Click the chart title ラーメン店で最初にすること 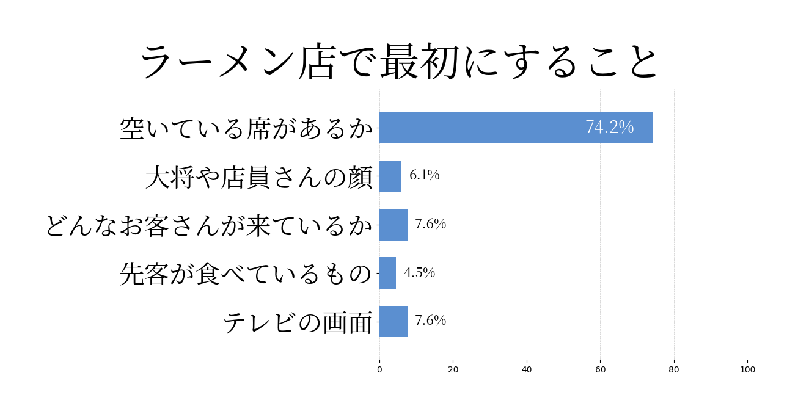(399, 61)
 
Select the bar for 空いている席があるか (516, 128)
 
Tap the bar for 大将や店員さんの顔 (390, 176)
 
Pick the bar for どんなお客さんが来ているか (394, 225)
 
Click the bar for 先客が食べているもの (387, 273)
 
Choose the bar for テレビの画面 (394, 321)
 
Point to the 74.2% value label (609, 128)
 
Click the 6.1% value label (424, 176)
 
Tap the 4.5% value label (419, 273)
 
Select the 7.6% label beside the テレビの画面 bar (430, 321)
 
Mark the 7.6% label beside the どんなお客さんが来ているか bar (430, 225)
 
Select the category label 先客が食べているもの (246, 274)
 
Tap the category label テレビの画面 (298, 322)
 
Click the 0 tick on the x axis (379, 369)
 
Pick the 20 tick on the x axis (453, 369)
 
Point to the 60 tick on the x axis (600, 369)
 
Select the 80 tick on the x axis (674, 369)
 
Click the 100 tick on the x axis (747, 369)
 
